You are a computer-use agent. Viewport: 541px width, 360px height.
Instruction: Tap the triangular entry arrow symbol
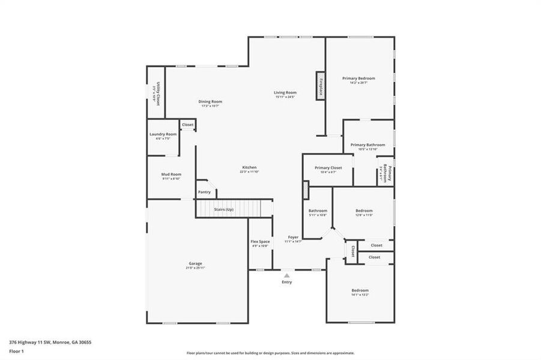coord(287,275)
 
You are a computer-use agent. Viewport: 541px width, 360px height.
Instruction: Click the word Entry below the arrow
coord(287,282)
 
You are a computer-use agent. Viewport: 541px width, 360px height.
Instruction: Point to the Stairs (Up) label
coord(224,209)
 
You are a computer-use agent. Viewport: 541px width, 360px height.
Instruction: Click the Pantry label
coord(205,192)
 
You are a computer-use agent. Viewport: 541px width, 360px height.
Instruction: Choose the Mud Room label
coord(171,174)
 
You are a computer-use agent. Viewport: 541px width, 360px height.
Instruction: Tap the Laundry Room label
coord(163,134)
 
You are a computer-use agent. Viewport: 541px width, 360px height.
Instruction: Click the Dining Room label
coord(210,101)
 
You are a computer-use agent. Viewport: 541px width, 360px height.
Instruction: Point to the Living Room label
coord(285,92)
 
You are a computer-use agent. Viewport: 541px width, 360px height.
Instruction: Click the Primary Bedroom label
coord(358,79)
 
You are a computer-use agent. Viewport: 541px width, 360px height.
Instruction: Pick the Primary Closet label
coord(328,167)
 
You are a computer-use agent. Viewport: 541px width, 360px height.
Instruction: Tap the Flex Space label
coord(260,241)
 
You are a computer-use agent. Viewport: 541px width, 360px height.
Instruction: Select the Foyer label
coord(293,237)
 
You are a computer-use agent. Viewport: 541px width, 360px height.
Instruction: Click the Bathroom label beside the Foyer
coord(318,211)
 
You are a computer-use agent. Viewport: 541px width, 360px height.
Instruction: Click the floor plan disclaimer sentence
coord(270,353)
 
